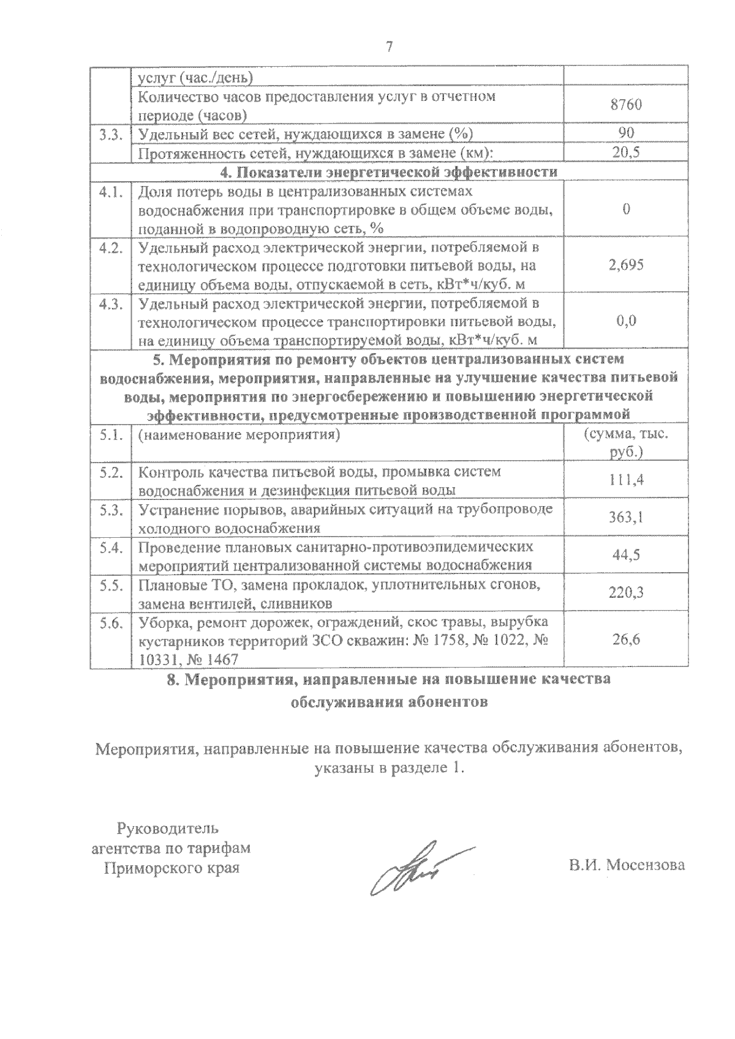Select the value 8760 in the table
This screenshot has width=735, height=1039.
625,105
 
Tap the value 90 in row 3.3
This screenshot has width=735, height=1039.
625,133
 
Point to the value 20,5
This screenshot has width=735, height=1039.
625,152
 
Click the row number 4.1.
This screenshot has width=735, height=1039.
111,192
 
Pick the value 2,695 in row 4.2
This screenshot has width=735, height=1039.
625,265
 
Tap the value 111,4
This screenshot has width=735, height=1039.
625,480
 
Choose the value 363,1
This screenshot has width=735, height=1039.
625,518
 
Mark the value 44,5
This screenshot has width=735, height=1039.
625,555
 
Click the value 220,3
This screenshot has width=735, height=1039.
625,592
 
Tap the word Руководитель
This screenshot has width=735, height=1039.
167,829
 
